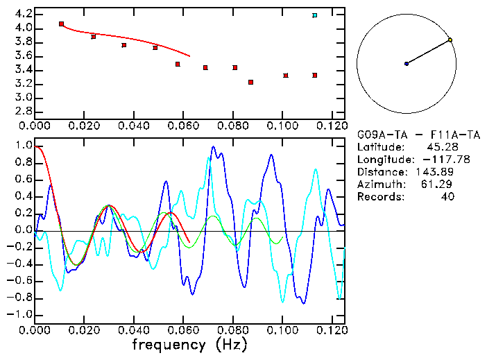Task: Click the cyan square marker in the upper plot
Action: pos(315,15)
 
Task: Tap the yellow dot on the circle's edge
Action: pos(450,40)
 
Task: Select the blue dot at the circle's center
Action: pos(407,64)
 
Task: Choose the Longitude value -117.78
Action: pos(435,160)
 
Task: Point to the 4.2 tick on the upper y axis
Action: pos(22,14)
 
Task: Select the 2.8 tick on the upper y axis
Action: pos(22,111)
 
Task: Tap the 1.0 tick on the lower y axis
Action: pos(23,146)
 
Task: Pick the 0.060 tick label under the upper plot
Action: pos(183,126)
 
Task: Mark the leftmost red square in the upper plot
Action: pos(61,24)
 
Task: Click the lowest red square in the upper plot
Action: pos(250,83)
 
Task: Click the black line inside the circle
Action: pos(428,52)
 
